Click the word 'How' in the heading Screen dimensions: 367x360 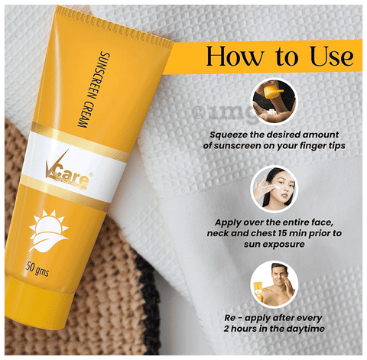click(235, 56)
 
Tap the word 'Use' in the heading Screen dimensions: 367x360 click(332, 56)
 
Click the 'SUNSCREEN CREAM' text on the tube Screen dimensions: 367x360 click(94, 89)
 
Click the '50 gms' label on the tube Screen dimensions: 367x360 click(37, 269)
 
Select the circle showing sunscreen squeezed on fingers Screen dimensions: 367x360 click(274, 102)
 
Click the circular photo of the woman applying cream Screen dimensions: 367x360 click(274, 189)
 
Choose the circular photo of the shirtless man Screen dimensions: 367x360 click(274, 284)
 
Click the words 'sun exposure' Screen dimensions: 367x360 click(274, 244)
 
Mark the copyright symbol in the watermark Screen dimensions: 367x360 click(199, 112)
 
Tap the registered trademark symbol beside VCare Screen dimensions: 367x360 click(91, 174)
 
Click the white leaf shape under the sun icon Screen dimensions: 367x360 click(48, 242)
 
